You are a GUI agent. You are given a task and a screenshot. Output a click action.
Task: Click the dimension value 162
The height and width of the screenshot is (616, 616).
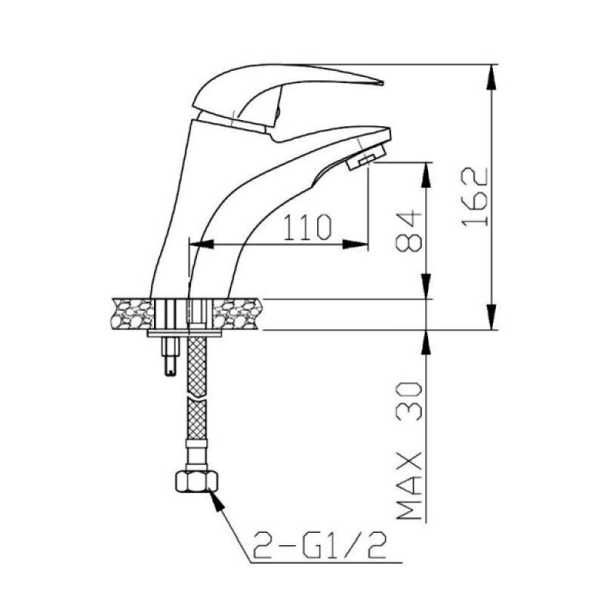[x=475, y=197]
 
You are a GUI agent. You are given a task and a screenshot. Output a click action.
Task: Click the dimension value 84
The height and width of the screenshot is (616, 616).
[x=409, y=232]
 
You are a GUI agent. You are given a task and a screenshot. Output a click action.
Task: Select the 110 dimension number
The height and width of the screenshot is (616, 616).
[x=307, y=227]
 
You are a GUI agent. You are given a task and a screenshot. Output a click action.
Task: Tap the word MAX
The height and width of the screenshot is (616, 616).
[x=409, y=487]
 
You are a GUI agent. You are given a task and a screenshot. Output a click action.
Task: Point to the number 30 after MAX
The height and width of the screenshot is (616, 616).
[x=409, y=401]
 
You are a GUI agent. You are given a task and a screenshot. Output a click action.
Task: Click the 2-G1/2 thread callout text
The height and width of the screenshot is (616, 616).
[x=320, y=545]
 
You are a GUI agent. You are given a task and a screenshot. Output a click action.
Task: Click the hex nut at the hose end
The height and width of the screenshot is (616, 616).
[x=196, y=481]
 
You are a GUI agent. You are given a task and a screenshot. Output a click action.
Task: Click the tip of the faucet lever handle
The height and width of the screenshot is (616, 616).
[x=383, y=83]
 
